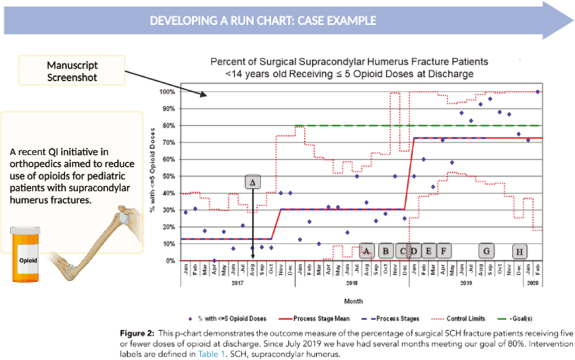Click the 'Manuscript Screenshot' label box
click(x=72, y=71)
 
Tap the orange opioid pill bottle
click(x=25, y=255)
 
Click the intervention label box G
click(x=486, y=251)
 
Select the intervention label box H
click(x=519, y=252)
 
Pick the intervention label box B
click(x=386, y=251)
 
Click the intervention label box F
click(x=444, y=251)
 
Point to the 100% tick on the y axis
click(x=167, y=92)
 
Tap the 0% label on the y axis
click(x=170, y=261)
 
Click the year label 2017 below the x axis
click(x=237, y=283)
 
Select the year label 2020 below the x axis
click(x=532, y=283)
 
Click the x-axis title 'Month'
click(x=353, y=301)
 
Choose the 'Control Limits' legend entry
click(x=465, y=319)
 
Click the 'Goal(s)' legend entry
click(x=522, y=319)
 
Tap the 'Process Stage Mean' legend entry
click(x=321, y=319)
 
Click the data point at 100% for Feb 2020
click(x=538, y=92)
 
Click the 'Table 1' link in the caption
click(x=208, y=354)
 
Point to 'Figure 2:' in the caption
click(x=137, y=333)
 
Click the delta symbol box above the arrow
click(x=253, y=182)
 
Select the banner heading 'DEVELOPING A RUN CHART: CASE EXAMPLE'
click(x=263, y=21)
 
